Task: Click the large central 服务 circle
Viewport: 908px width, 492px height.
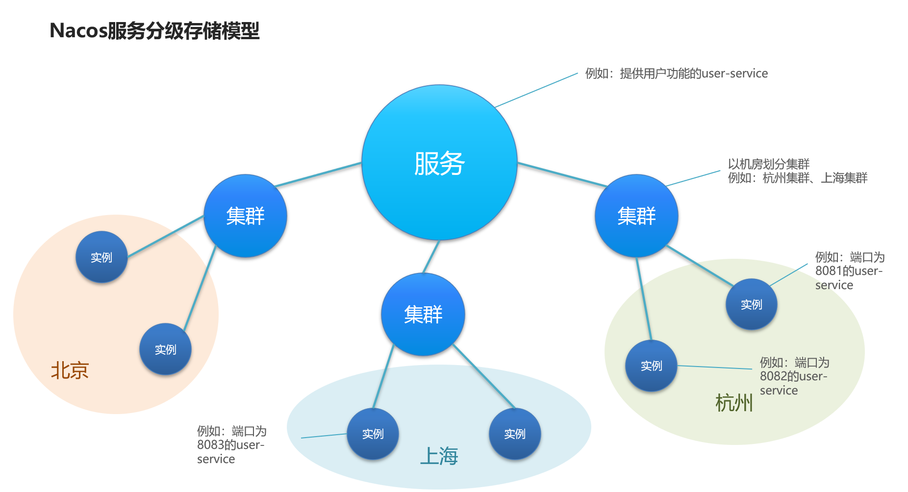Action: [439, 163]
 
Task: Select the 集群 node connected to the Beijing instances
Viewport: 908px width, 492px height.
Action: [245, 216]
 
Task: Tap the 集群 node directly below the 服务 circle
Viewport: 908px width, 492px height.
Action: [423, 314]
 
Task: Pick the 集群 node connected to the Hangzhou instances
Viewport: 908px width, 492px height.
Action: [636, 216]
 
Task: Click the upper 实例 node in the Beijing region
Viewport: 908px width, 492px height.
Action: [101, 257]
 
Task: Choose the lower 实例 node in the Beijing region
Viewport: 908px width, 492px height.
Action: [165, 349]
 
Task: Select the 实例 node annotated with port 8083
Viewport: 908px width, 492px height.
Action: [373, 434]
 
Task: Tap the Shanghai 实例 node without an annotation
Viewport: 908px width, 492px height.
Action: [515, 434]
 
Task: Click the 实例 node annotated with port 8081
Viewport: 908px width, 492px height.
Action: [751, 304]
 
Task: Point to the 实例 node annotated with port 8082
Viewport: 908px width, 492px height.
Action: [651, 366]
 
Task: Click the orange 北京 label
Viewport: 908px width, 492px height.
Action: [70, 370]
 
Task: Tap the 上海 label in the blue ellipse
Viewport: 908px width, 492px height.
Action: [439, 456]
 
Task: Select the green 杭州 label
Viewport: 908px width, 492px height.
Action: [734, 403]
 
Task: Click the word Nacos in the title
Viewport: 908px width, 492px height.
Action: [78, 31]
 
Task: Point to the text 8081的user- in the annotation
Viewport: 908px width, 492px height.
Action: [849, 271]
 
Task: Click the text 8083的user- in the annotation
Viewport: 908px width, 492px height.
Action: [230, 445]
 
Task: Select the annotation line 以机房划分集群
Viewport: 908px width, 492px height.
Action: [768, 164]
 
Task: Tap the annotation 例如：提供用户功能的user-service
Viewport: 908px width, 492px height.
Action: [677, 74]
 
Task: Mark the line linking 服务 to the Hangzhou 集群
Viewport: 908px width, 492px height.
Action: [562, 174]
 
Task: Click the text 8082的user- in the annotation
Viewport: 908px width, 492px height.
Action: [793, 376]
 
